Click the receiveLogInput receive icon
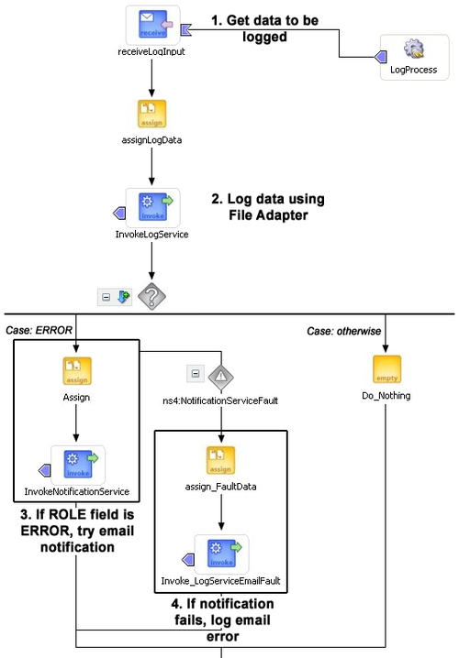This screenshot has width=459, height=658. pos(152,25)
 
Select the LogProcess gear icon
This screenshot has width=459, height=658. pos(414,49)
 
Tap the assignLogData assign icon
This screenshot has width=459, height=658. pos(151,114)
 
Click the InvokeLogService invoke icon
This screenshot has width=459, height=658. pos(152,207)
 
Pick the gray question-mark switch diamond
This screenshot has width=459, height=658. pos(151,296)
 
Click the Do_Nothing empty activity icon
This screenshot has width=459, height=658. pos(386,369)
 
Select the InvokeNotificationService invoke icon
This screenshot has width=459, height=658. pos(78,464)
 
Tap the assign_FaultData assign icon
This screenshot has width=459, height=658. pos(220,460)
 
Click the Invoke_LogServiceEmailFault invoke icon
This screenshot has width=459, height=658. pos(221,554)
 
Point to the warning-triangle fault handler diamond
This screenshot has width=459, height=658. pos(221,376)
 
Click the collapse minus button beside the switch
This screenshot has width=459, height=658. pos(106,297)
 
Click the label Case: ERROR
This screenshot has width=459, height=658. pos(39,330)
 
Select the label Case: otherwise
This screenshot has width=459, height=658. pos(344,331)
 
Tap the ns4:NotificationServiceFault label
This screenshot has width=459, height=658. pos(220,400)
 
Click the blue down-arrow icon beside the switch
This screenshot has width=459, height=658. pos(123,297)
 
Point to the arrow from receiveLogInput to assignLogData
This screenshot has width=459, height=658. pos(151,77)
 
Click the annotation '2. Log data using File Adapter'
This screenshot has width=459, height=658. pos(268,207)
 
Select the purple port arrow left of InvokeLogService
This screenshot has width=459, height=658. pos(119,214)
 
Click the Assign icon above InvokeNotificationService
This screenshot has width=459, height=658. pos(77,371)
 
